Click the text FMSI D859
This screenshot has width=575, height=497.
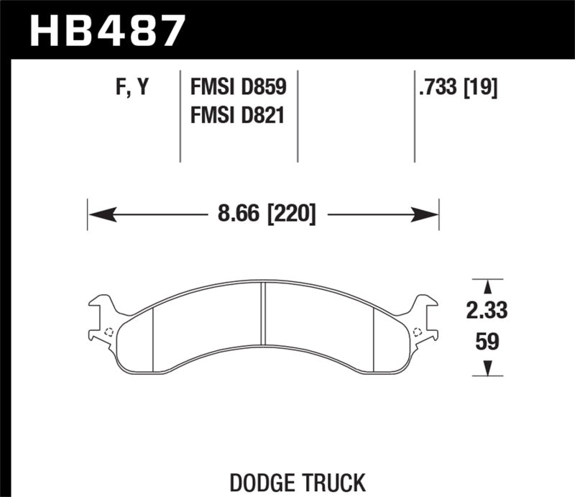pyautogui.click(x=238, y=88)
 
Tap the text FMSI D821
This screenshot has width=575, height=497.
pyautogui.click(x=238, y=114)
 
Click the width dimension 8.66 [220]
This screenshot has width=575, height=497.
pyautogui.click(x=264, y=214)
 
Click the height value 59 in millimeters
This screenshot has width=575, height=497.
pyautogui.click(x=487, y=341)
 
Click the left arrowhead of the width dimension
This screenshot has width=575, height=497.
pyautogui.click(x=96, y=214)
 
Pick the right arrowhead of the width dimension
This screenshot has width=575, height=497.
pyautogui.click(x=430, y=214)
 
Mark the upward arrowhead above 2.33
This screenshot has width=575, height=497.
pyautogui.click(x=487, y=286)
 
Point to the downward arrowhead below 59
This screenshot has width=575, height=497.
pyautogui.click(x=487, y=368)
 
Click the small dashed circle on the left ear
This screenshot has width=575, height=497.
pyautogui.click(x=108, y=332)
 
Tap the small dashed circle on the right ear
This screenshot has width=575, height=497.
pyautogui.click(x=418, y=332)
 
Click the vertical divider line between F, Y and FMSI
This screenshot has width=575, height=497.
pyautogui.click(x=179, y=115)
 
